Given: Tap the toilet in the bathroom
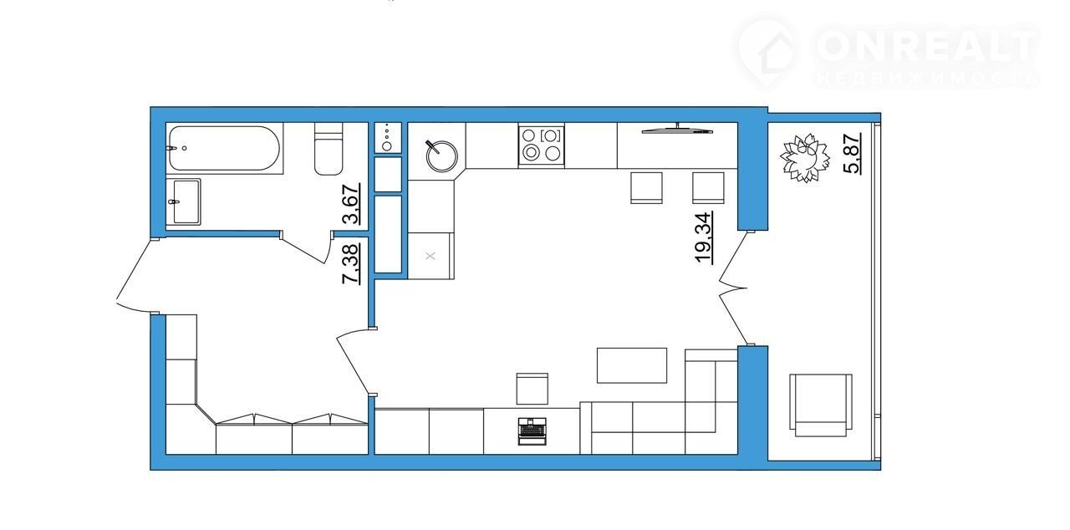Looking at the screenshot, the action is [329, 149].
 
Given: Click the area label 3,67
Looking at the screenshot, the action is [351, 204].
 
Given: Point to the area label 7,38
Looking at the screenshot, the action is [351, 264].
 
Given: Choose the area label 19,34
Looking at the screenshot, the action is [704, 237].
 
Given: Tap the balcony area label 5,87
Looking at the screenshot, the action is [853, 153].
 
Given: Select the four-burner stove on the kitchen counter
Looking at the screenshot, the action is [541, 145].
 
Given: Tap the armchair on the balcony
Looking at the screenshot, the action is [821, 405].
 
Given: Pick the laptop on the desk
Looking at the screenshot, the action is [532, 431].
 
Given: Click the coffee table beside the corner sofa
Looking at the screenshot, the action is [631, 365].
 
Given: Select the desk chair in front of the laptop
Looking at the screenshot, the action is [532, 389].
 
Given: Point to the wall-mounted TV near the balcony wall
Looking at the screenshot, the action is [677, 129].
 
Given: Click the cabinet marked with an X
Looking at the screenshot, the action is [431, 256].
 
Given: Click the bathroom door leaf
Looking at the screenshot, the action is [305, 247].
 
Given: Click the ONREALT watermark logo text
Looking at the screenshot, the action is [927, 46].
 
